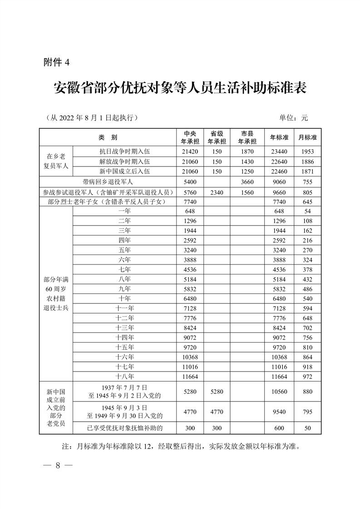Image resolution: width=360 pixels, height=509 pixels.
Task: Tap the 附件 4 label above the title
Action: (56, 63)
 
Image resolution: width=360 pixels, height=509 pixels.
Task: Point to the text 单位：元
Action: (293, 117)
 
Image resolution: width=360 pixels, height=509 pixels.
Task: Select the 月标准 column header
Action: (307, 137)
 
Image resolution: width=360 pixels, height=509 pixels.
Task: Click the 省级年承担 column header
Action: (217, 137)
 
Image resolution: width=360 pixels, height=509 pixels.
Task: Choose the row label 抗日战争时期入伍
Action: (124, 152)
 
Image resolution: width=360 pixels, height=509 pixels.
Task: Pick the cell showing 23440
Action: (279, 152)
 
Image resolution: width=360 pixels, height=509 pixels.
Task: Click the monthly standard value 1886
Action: (307, 162)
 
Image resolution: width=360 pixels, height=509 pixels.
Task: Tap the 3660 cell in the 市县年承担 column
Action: (247, 181)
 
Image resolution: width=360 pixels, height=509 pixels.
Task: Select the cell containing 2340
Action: (217, 191)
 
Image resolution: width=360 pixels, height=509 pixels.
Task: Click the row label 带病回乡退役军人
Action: (108, 181)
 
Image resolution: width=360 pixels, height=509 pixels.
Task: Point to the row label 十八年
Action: (124, 376)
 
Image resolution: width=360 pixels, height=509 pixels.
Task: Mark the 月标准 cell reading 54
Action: (307, 211)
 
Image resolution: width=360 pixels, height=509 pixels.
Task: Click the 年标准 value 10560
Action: (279, 392)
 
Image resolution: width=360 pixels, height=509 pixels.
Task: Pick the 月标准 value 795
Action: (307, 411)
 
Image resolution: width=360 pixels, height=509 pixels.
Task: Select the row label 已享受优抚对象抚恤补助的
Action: (124, 427)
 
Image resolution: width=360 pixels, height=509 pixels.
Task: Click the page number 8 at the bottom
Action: (58, 465)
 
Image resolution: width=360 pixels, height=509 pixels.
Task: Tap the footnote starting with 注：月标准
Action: (180, 446)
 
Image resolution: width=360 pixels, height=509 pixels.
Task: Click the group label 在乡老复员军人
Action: (56, 162)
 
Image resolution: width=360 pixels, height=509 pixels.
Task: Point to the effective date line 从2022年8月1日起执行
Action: (92, 117)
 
